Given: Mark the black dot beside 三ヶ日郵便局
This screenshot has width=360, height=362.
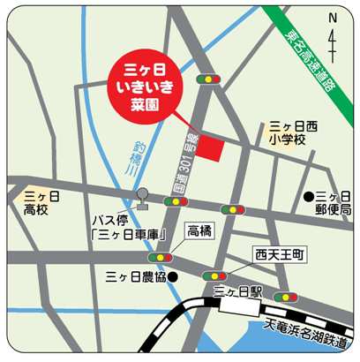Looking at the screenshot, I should pos(309,196).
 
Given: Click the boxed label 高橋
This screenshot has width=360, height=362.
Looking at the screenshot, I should pos(200,232).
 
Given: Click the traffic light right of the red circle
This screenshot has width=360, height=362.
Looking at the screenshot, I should pos(209,79).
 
